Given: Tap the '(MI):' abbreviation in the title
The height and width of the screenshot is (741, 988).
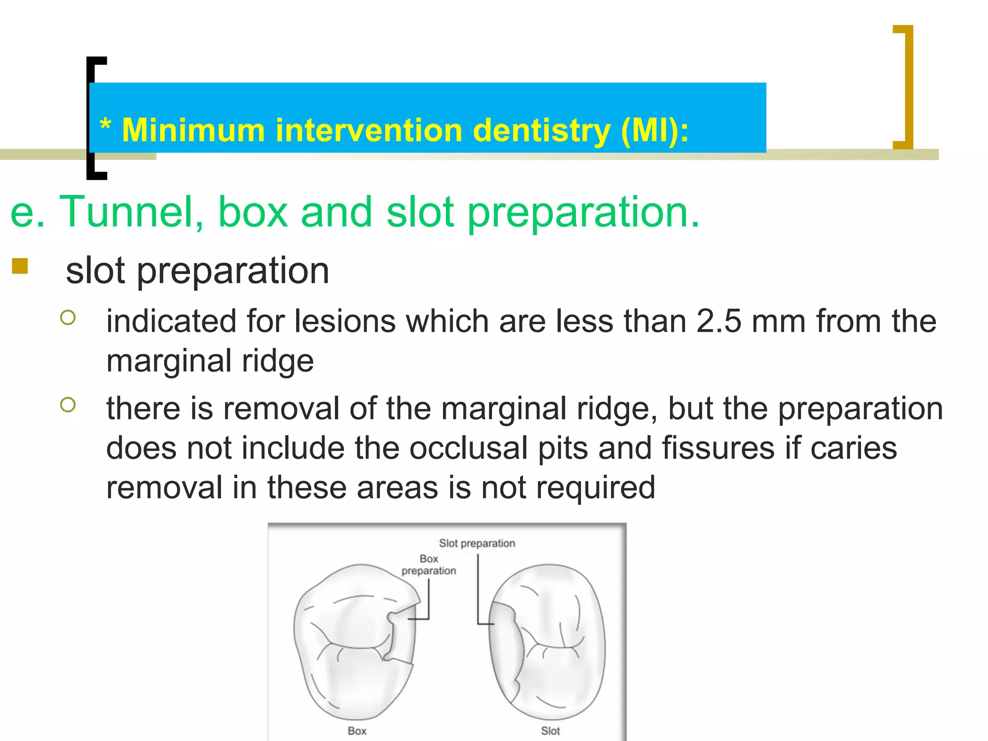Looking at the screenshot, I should [655, 131].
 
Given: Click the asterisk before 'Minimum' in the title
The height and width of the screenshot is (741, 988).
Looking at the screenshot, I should [105, 125].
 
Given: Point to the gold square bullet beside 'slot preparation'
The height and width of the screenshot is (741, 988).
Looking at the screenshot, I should [20, 266].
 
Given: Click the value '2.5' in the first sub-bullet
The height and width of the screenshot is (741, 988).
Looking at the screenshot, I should [719, 321].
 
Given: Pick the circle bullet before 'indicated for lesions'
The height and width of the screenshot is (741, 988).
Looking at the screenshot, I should [68, 317].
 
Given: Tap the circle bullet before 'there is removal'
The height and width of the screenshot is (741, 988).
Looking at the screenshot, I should [68, 405].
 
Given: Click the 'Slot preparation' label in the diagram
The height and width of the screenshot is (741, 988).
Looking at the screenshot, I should [477, 543].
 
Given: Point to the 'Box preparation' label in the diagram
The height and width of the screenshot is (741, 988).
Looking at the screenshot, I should [428, 565].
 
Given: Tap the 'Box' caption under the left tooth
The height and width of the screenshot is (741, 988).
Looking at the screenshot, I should [357, 731].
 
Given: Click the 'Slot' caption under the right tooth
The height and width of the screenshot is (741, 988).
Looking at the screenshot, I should [550, 731].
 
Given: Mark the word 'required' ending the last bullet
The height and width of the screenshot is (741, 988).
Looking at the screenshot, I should [596, 488].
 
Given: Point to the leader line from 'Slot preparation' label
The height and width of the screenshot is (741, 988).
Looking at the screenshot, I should [478, 589].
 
